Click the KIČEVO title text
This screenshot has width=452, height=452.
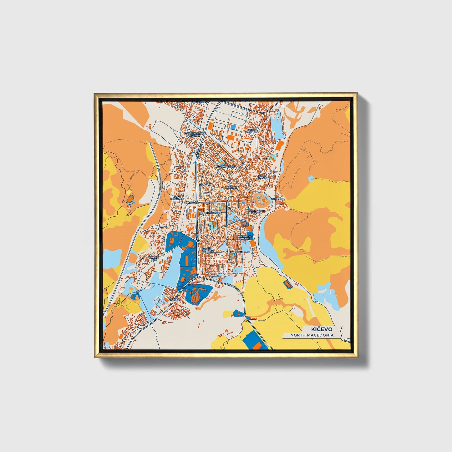point(322,329)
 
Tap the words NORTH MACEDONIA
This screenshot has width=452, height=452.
point(312,335)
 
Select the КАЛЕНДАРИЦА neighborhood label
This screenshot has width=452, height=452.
point(226,166)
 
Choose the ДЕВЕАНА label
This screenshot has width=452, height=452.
point(206,185)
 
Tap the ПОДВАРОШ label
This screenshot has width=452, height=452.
point(256,211)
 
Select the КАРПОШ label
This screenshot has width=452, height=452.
point(236,252)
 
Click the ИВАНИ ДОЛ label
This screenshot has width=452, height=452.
point(155,259)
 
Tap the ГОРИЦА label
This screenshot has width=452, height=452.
point(175,299)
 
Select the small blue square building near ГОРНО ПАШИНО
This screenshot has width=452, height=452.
point(233,127)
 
